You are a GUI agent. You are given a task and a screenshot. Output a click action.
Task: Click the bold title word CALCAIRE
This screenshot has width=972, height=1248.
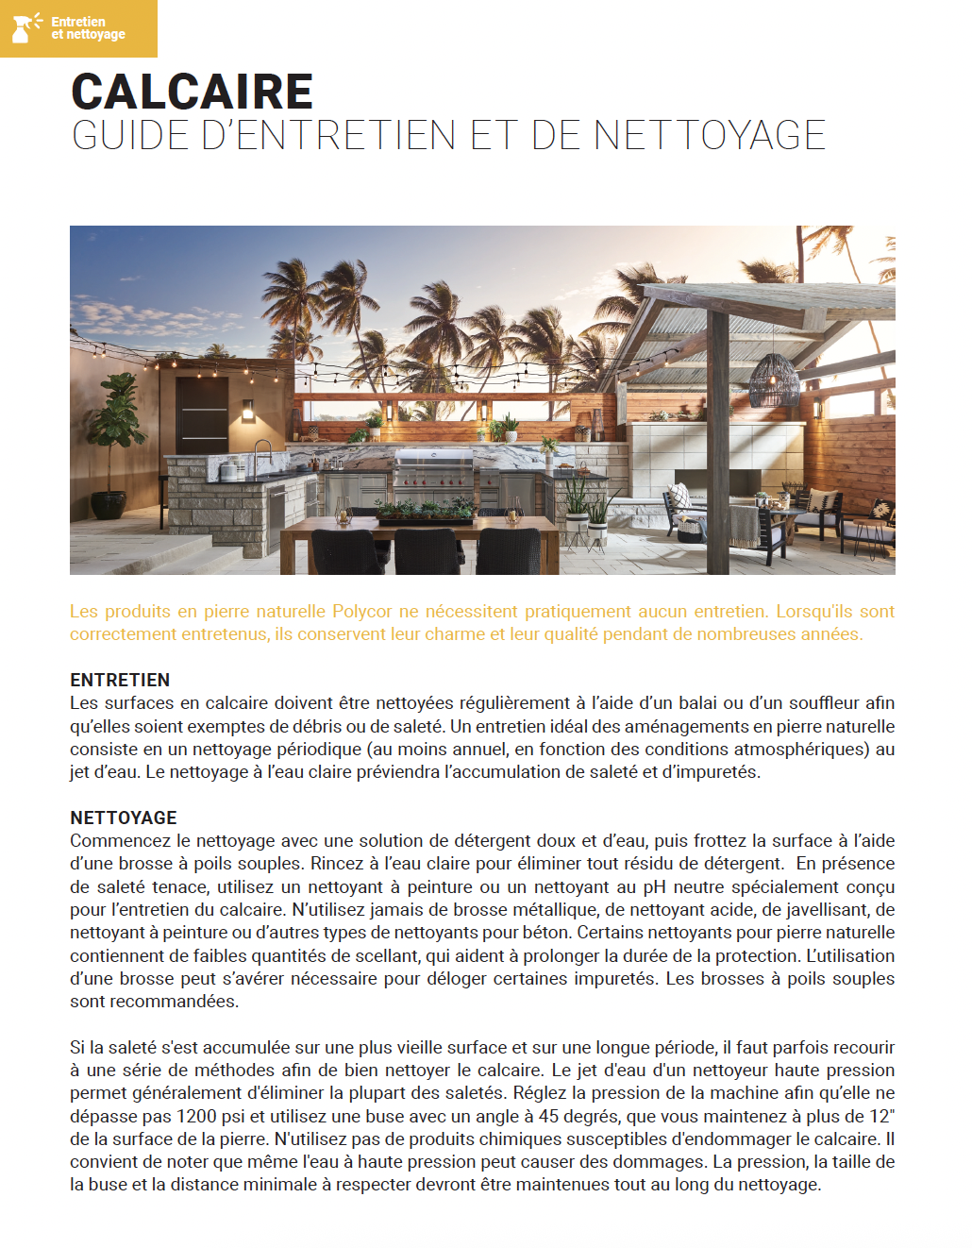192,92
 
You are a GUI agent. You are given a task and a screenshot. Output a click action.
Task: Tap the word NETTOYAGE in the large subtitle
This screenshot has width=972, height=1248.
710,135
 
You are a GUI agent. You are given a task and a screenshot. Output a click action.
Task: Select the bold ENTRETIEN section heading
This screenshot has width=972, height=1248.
120,680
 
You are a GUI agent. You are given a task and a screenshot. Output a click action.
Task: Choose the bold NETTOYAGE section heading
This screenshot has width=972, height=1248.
124,818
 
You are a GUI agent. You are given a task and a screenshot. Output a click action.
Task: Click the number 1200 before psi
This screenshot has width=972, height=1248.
196,1116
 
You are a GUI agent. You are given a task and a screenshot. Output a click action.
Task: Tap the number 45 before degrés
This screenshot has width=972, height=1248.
548,1116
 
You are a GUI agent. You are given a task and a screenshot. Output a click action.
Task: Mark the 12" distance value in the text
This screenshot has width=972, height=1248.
881,1116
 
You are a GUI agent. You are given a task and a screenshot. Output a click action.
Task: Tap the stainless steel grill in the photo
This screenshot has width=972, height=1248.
433,468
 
